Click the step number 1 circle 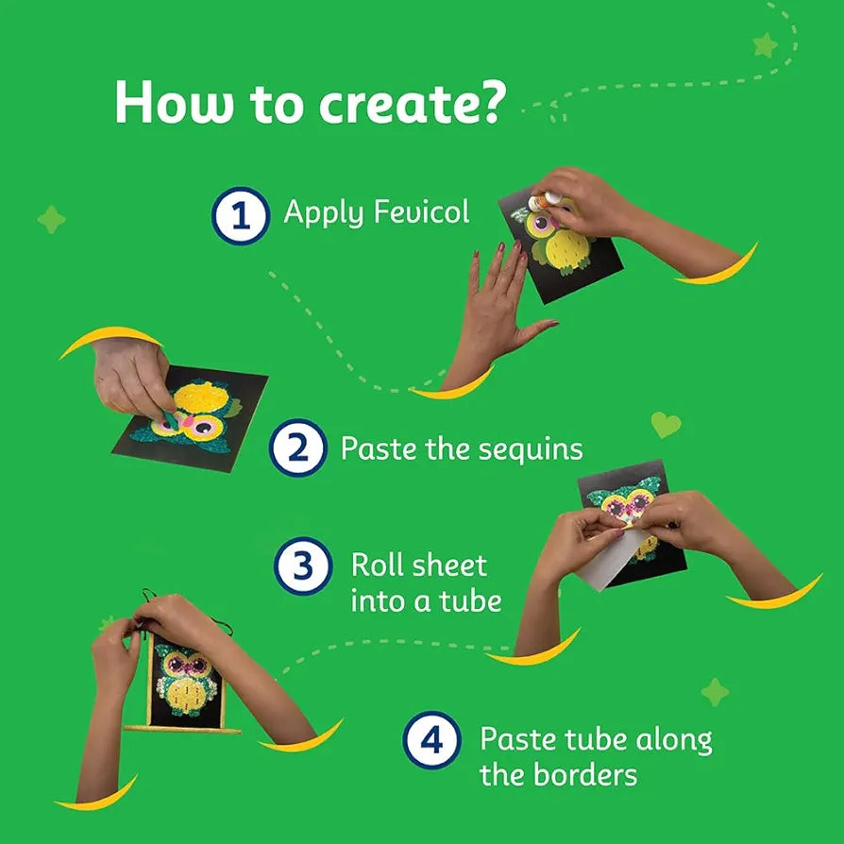[x=241, y=216]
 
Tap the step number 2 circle [x=298, y=447]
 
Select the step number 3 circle [x=303, y=565]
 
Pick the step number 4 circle [x=431, y=739]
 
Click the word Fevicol [x=421, y=211]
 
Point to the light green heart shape [x=666, y=424]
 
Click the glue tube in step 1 [x=544, y=201]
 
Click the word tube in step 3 [x=470, y=600]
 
